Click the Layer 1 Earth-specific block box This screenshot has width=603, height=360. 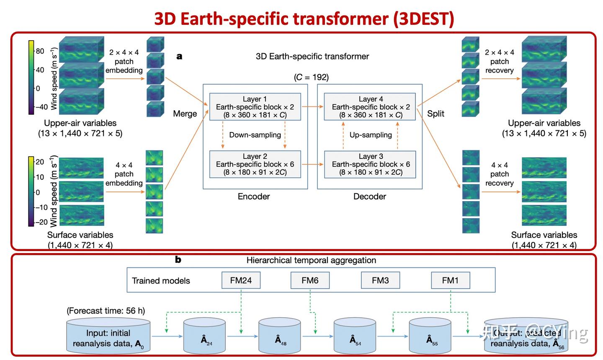(255, 107)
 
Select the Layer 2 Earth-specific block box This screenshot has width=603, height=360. (255, 164)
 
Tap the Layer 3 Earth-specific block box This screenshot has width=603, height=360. (371, 164)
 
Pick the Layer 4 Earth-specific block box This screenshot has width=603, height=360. (371, 107)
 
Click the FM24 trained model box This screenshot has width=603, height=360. (241, 280)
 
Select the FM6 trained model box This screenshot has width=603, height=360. (310, 280)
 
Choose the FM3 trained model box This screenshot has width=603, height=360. (380, 280)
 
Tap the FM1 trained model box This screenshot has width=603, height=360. (450, 280)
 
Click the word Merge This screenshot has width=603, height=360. (185, 114)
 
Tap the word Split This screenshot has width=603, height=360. (435, 114)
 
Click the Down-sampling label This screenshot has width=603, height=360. (255, 135)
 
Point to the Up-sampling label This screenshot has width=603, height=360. (371, 135)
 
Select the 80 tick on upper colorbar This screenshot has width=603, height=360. (40, 51)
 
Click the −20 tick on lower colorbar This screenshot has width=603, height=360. (41, 222)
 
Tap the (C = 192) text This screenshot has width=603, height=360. (311, 77)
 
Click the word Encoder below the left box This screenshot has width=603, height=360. (254, 196)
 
